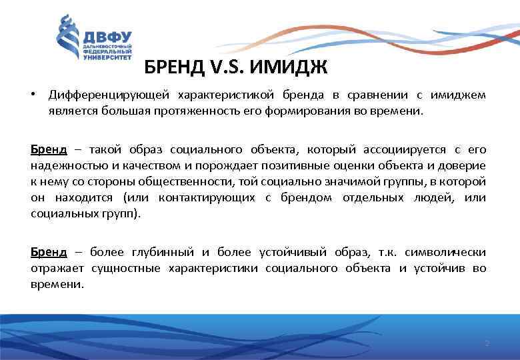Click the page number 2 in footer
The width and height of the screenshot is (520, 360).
(487, 343)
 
